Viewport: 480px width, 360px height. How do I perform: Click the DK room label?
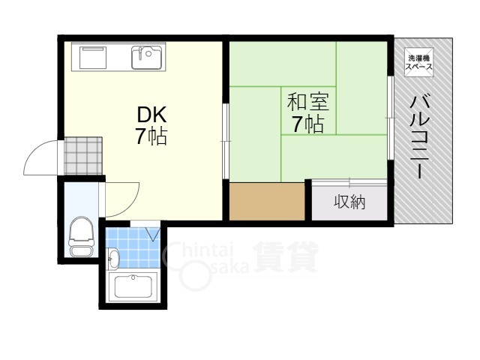click(x=151, y=115)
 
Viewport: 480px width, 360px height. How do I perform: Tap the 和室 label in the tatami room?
click(x=308, y=102)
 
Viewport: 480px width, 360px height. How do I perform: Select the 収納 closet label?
click(x=349, y=202)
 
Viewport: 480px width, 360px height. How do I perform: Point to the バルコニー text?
click(x=419, y=136)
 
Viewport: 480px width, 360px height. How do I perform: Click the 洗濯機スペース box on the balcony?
click(x=418, y=62)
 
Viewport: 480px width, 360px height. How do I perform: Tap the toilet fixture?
click(x=81, y=236)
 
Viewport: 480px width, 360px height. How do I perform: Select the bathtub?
click(x=133, y=286)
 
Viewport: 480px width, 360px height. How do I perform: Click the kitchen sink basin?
click(x=147, y=57)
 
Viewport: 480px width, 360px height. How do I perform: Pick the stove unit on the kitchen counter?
click(x=93, y=58)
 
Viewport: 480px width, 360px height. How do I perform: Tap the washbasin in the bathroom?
click(x=113, y=259)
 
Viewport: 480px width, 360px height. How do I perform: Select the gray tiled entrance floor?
click(x=83, y=156)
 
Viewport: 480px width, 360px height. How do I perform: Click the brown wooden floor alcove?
click(x=267, y=202)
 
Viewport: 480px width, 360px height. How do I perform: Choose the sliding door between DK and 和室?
click(x=226, y=141)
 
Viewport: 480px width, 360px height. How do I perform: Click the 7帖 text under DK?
click(x=151, y=136)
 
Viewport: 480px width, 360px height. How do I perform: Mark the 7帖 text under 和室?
click(x=308, y=124)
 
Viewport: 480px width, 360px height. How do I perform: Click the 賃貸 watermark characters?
click(x=286, y=257)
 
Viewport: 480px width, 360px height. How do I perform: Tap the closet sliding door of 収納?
click(x=349, y=183)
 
